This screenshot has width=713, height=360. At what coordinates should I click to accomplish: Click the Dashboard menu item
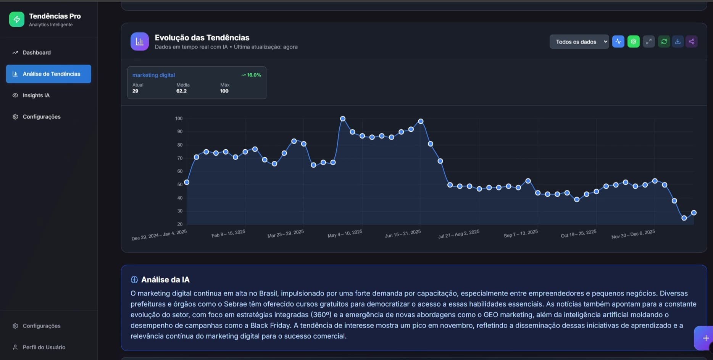click(x=36, y=53)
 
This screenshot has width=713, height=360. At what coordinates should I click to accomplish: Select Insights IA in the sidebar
click(x=36, y=95)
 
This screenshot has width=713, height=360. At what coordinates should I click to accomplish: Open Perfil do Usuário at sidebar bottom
click(x=44, y=347)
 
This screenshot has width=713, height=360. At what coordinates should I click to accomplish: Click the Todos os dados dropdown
click(x=579, y=42)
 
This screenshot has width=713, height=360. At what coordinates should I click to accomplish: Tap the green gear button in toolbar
click(x=633, y=42)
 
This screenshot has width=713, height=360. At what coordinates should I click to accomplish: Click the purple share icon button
click(x=691, y=42)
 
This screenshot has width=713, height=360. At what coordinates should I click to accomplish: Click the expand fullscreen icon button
click(x=648, y=42)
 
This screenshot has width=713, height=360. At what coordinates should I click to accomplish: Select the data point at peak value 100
click(x=343, y=119)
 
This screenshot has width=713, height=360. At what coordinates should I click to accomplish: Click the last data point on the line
click(x=694, y=213)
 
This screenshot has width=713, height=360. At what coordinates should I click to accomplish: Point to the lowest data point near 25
click(x=684, y=218)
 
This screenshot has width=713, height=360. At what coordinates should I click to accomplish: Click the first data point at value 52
click(x=187, y=182)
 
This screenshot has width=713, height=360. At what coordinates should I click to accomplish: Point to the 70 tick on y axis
click(x=180, y=158)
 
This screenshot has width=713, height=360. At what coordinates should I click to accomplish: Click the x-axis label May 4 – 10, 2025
click(x=345, y=233)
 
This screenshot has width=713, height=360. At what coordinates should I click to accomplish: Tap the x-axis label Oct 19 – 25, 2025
click(x=578, y=233)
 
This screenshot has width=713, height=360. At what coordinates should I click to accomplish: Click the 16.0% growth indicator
click(x=251, y=75)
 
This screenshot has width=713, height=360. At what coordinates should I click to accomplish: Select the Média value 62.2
click(x=181, y=91)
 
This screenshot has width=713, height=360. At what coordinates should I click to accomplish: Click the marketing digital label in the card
click(x=153, y=75)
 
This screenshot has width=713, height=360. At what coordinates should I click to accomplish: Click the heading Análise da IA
click(x=165, y=280)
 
